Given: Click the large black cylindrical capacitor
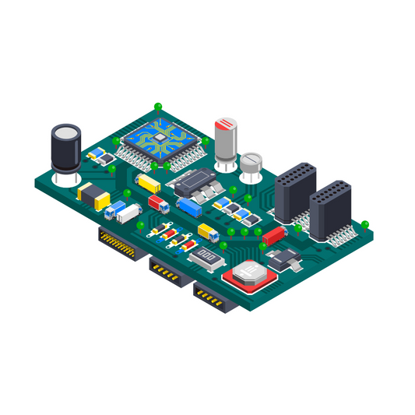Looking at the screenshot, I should point(65,148).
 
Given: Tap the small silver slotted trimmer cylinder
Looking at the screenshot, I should point(250,164).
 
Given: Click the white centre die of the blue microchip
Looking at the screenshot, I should point(159,136).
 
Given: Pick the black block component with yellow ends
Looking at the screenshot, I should point(93,196).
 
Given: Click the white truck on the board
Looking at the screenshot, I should point(128,212).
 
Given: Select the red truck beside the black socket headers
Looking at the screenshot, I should point(273,234).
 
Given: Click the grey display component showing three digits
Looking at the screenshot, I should point(206,256).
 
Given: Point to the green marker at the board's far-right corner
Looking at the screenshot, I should point(364,225).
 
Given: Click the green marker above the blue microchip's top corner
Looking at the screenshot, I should point(158,105).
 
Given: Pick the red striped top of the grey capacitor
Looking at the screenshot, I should point(227,124).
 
